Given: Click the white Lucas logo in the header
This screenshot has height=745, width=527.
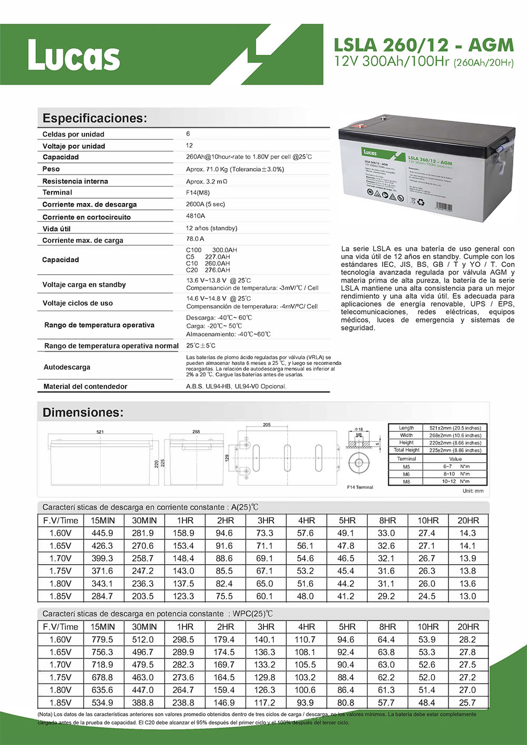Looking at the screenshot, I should (74, 55).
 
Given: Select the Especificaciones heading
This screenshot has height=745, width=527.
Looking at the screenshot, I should (95, 118).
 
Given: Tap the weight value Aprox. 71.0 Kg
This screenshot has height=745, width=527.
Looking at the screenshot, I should (235, 169).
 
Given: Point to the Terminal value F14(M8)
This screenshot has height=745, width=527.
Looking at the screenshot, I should (198, 192).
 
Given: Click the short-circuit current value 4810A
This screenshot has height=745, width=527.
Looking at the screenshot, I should (196, 216).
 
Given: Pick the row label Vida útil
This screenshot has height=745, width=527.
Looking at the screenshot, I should (56, 229).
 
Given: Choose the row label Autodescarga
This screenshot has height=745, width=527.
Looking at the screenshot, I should (67, 367).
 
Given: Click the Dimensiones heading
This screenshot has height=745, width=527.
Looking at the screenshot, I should (83, 412).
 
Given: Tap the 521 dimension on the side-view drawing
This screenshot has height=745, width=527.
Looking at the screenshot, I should (100, 432).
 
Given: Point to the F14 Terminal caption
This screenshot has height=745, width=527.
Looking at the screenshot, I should (360, 487).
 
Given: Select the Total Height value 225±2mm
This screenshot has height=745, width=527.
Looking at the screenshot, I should (455, 450).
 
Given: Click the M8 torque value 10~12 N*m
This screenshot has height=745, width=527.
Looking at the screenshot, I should (456, 481).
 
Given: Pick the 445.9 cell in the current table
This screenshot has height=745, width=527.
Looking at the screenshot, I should (102, 533).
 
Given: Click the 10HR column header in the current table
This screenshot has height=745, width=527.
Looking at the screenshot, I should (428, 520).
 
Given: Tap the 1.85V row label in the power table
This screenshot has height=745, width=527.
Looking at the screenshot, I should (60, 702).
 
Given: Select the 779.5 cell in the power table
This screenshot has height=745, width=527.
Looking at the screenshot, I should (102, 640).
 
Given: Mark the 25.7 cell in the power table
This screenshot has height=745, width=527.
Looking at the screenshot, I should (467, 702).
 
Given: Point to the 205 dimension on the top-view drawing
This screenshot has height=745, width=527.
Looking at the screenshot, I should (267, 424).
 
